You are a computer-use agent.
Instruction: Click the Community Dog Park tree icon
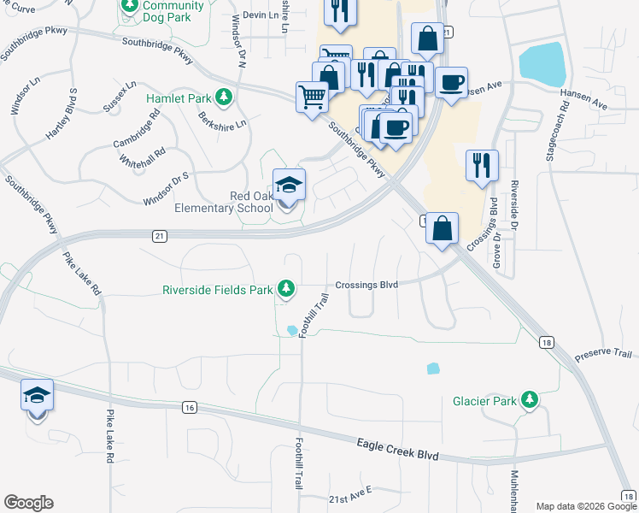(129, 7)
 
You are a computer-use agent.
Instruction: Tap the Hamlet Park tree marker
(224, 98)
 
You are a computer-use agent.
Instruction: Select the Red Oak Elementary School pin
(288, 186)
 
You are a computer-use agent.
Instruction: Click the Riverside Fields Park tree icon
(289, 289)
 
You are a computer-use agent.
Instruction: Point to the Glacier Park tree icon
(531, 400)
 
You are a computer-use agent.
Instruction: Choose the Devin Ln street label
(261, 15)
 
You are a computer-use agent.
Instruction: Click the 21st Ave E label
(351, 494)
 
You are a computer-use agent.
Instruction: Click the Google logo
(28, 503)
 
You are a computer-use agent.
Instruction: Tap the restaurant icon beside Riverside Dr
(482, 166)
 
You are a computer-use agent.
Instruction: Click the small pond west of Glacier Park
(433, 369)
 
